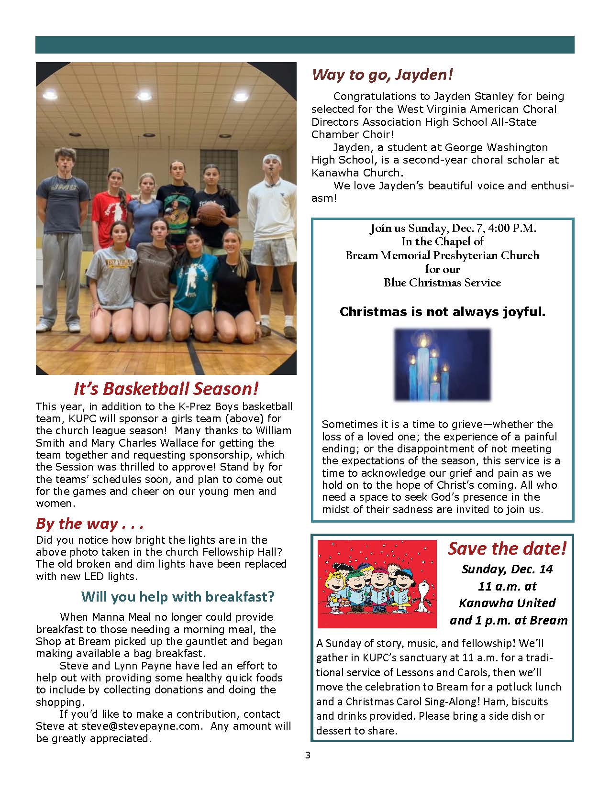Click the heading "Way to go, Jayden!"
tap(382, 75)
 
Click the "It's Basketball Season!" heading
tap(166, 389)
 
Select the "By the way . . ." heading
tap(89, 524)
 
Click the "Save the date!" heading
tap(507, 548)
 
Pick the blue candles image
tap(442, 364)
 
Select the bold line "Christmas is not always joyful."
tap(442, 312)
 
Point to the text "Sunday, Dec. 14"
tap(507, 569)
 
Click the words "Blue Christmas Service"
tap(442, 283)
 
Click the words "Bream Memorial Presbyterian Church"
tap(442, 255)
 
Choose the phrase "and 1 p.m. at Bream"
tap(508, 621)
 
